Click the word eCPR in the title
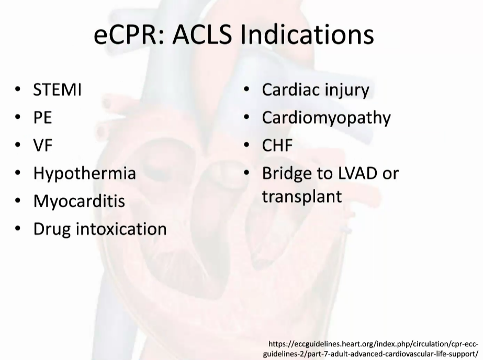129,34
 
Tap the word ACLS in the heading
202,34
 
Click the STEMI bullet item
57,90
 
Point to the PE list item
42,118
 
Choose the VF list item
43,145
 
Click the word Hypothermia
84,173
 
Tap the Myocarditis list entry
79,201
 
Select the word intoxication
121,229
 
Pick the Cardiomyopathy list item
326,118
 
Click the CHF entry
277,145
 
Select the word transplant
302,196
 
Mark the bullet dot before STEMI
18,89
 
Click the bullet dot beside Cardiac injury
246,89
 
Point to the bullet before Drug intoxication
18,229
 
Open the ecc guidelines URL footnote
371,348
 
